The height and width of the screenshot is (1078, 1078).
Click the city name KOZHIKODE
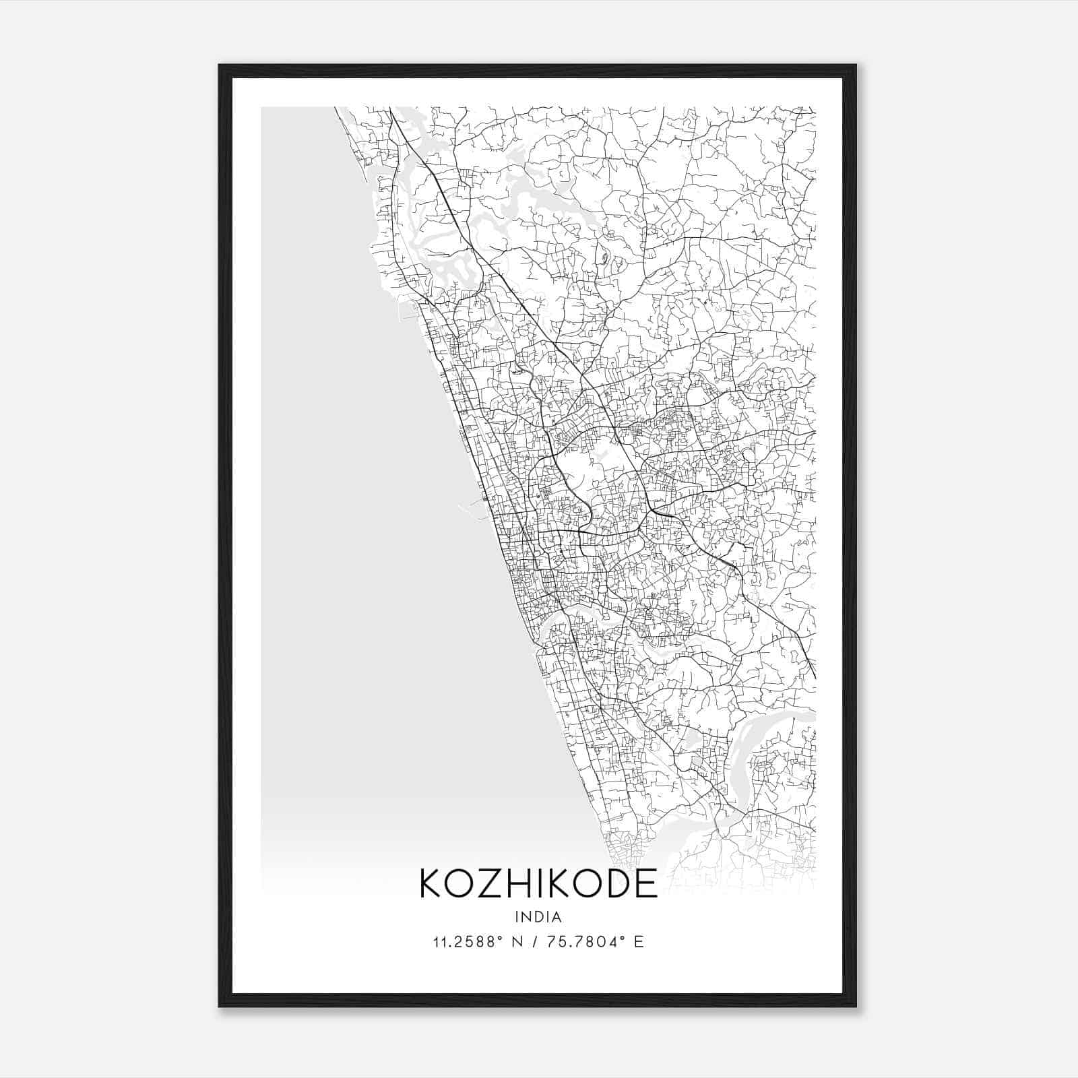tap(538, 883)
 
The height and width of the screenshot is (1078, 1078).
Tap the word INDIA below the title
tap(538, 917)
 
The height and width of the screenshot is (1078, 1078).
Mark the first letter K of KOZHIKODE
tap(431, 883)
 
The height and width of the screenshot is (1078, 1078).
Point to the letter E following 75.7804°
tap(639, 941)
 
